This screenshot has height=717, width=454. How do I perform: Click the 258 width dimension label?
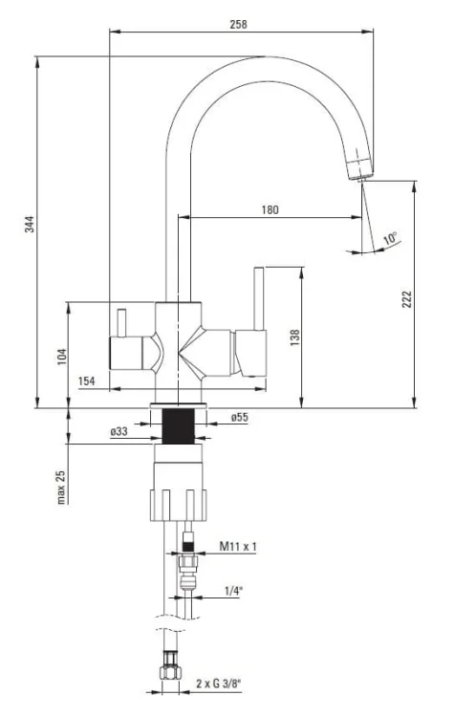238,24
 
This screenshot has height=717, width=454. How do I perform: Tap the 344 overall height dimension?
30,224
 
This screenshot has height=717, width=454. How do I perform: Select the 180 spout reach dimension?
270,210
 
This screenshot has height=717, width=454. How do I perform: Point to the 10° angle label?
390,238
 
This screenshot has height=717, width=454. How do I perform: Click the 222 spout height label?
406,299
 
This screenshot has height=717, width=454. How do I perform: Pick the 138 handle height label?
295,337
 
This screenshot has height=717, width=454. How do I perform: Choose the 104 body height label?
62,357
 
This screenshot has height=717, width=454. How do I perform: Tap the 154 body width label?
87,381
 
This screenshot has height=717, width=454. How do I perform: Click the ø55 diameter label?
240,417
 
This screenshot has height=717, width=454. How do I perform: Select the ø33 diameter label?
119,431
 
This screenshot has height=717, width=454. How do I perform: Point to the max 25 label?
61,488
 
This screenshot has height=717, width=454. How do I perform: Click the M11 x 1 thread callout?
238,546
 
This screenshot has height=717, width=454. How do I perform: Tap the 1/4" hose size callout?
232,591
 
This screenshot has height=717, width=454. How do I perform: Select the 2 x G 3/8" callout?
219,684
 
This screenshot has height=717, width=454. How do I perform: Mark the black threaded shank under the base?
179,426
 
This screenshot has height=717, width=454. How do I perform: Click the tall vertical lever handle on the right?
259,298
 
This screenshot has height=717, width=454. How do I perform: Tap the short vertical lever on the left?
121,323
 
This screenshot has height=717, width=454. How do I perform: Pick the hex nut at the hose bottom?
170,672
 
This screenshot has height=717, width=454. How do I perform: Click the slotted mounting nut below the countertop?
179,506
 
